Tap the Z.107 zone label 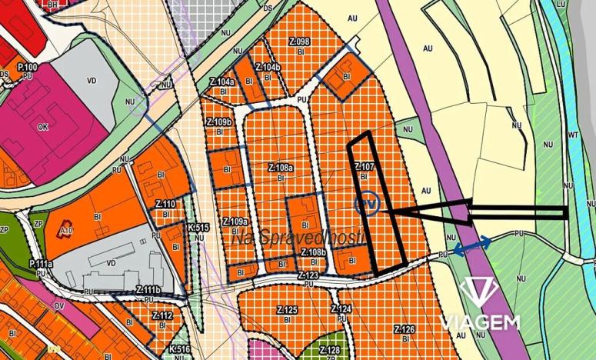(365, 166)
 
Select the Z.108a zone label (280, 167)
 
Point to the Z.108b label (313, 252)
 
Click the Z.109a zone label (235, 221)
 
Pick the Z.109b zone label (218, 122)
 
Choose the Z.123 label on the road (308, 275)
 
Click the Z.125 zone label (286, 309)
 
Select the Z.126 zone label (405, 329)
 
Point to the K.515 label (198, 228)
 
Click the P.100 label (28, 68)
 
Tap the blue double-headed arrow (471, 245)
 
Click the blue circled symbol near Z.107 (369, 204)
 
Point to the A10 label (66, 230)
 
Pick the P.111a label (41, 264)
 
